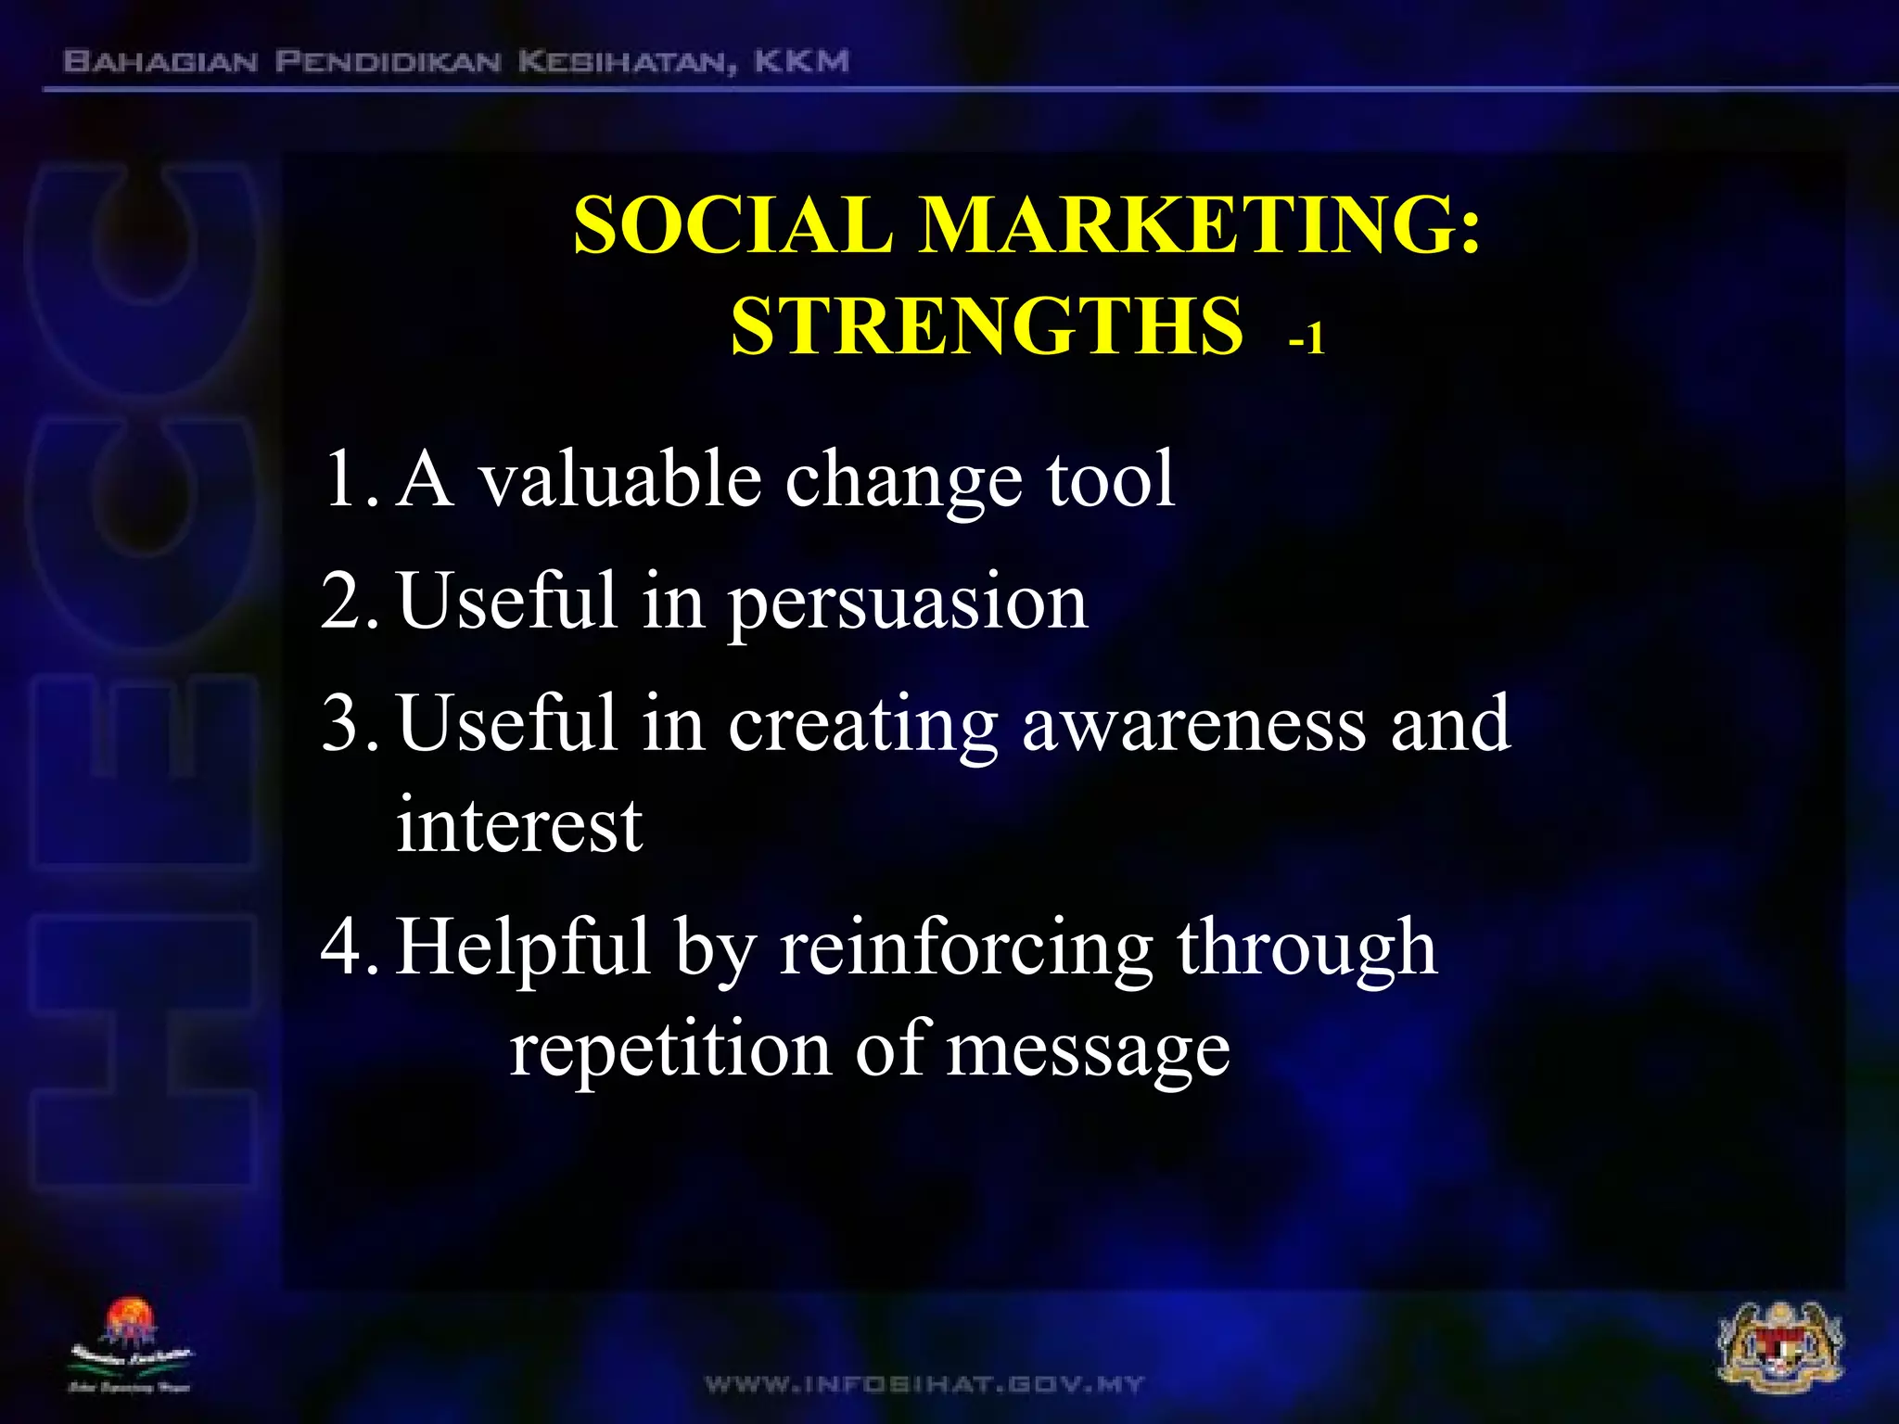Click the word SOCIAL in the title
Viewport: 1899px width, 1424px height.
pyautogui.click(x=733, y=226)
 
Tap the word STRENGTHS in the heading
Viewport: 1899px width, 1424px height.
pyautogui.click(x=986, y=326)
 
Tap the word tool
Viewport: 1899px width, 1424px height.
pyautogui.click(x=1111, y=478)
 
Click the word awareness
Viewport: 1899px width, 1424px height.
pyautogui.click(x=1193, y=725)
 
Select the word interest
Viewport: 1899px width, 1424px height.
pyautogui.click(x=519, y=825)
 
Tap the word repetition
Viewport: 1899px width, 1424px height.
pyautogui.click(x=670, y=1049)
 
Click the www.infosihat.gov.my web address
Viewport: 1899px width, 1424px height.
pyautogui.click(x=924, y=1385)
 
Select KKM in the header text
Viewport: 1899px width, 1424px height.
pyautogui.click(x=801, y=62)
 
